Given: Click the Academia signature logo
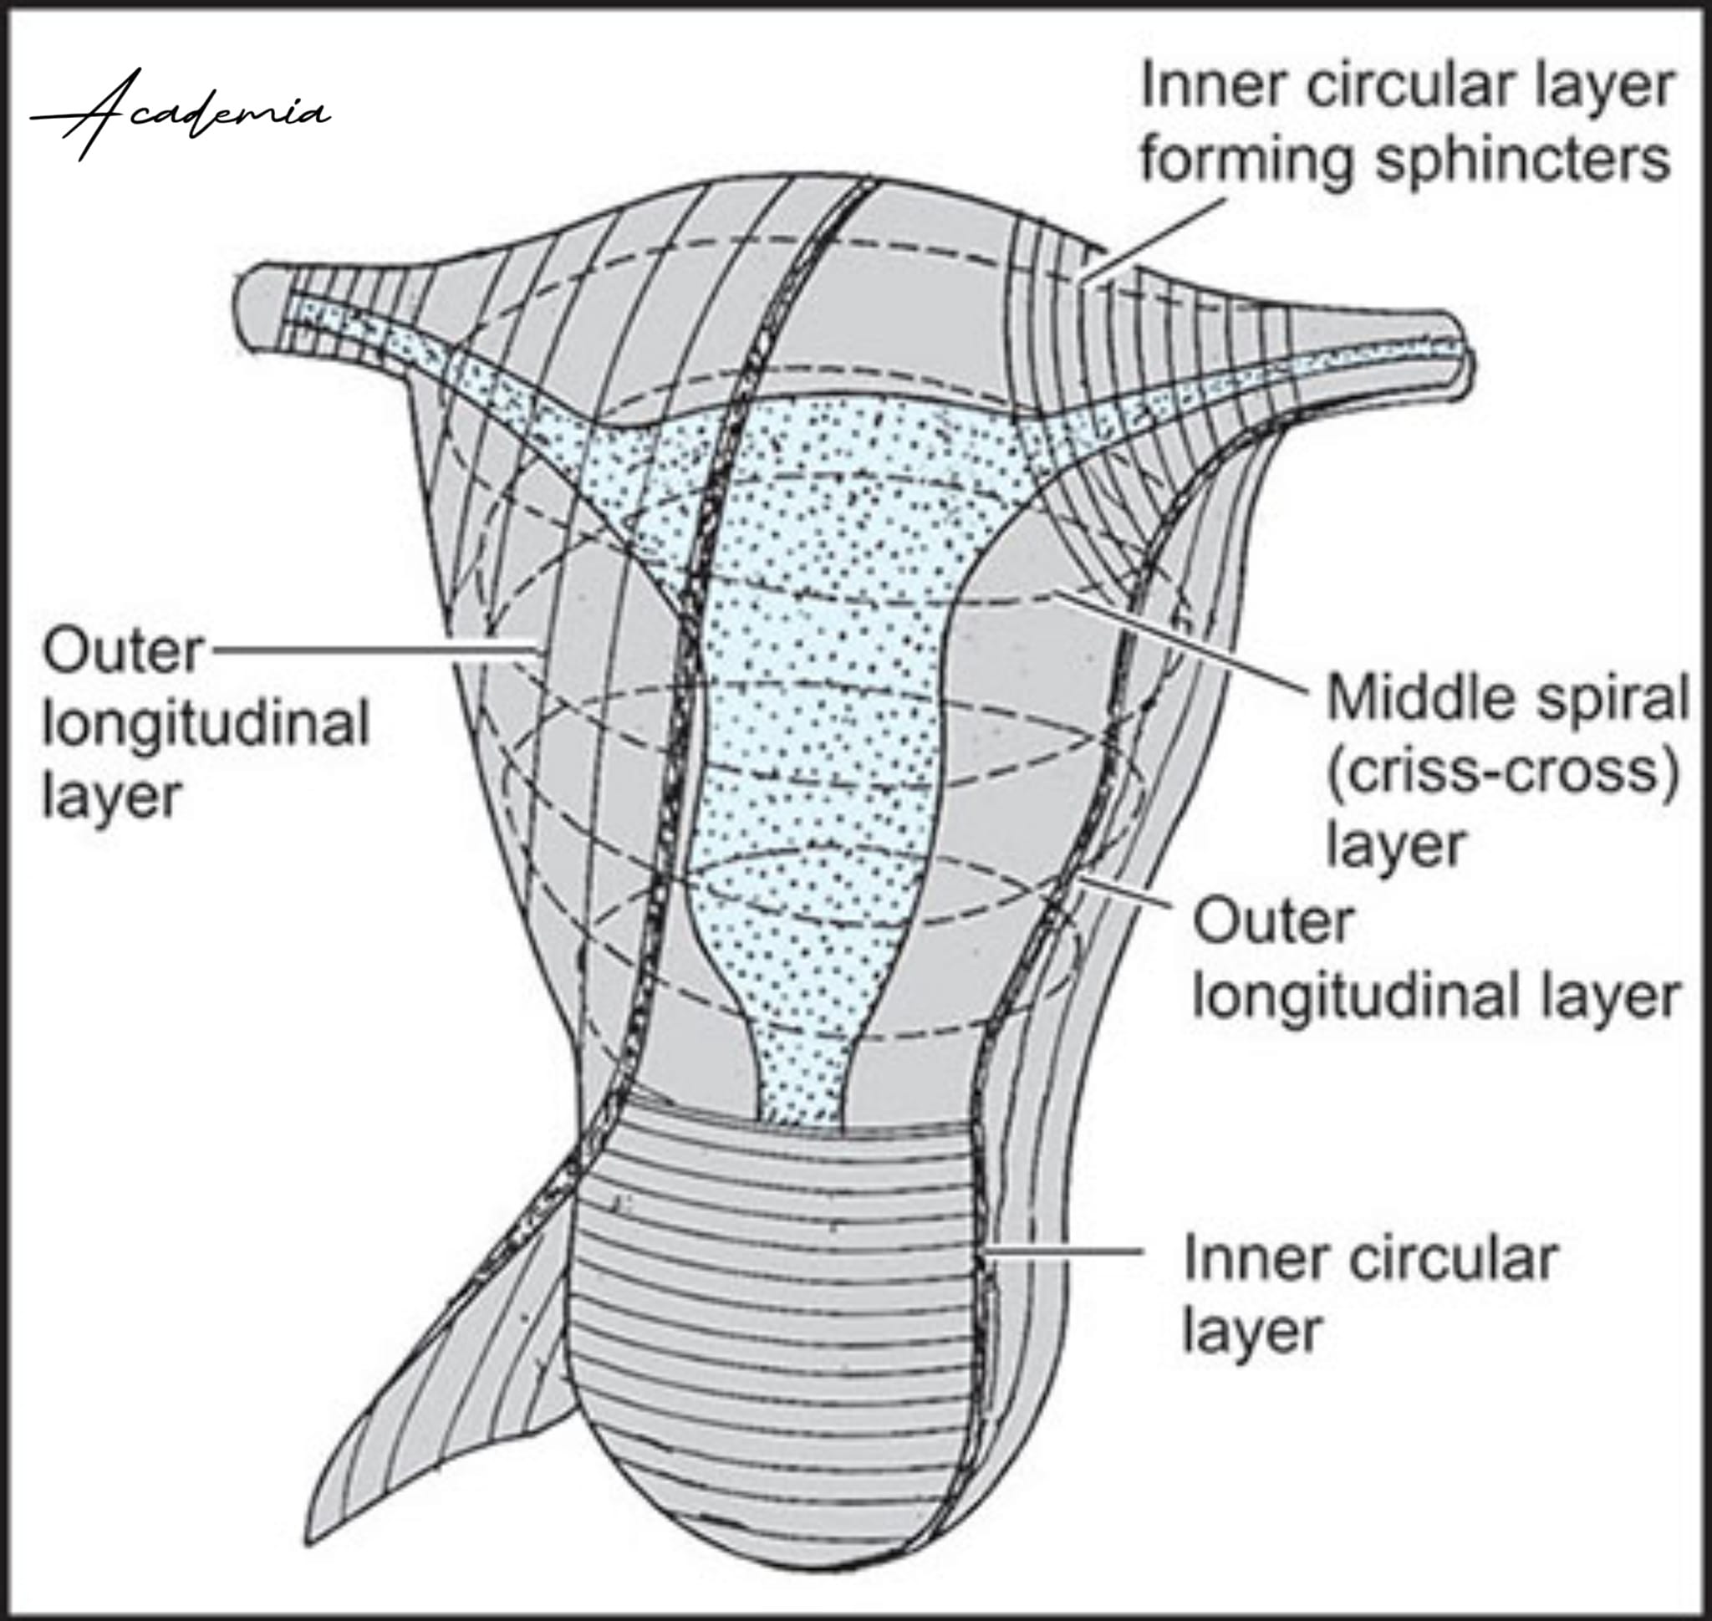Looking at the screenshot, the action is click(x=180, y=115).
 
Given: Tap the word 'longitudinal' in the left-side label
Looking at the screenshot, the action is click(x=206, y=724).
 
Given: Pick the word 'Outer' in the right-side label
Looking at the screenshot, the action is click(x=1272, y=922).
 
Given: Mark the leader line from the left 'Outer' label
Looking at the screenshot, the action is click(x=373, y=649).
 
